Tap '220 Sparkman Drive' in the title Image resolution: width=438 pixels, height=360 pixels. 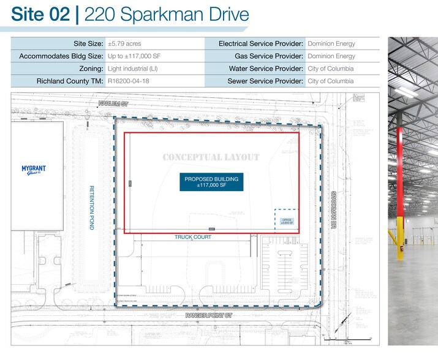click(x=166, y=14)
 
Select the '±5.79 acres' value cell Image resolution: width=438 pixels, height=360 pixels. click(x=124, y=44)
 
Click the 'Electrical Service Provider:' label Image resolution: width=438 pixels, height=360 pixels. click(x=261, y=44)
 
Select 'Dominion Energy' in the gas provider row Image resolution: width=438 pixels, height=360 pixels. click(x=331, y=56)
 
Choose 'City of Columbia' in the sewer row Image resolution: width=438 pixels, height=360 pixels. click(x=330, y=81)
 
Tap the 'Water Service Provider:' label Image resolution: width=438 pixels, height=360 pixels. click(x=266, y=69)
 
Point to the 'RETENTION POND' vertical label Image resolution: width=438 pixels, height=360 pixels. click(x=92, y=207)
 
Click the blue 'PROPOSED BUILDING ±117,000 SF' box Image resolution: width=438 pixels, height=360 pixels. click(x=211, y=181)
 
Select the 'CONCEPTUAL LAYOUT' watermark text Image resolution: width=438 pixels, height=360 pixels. click(x=211, y=157)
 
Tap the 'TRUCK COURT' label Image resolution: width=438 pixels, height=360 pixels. click(x=193, y=237)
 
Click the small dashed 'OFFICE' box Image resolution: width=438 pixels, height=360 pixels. click(x=287, y=220)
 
